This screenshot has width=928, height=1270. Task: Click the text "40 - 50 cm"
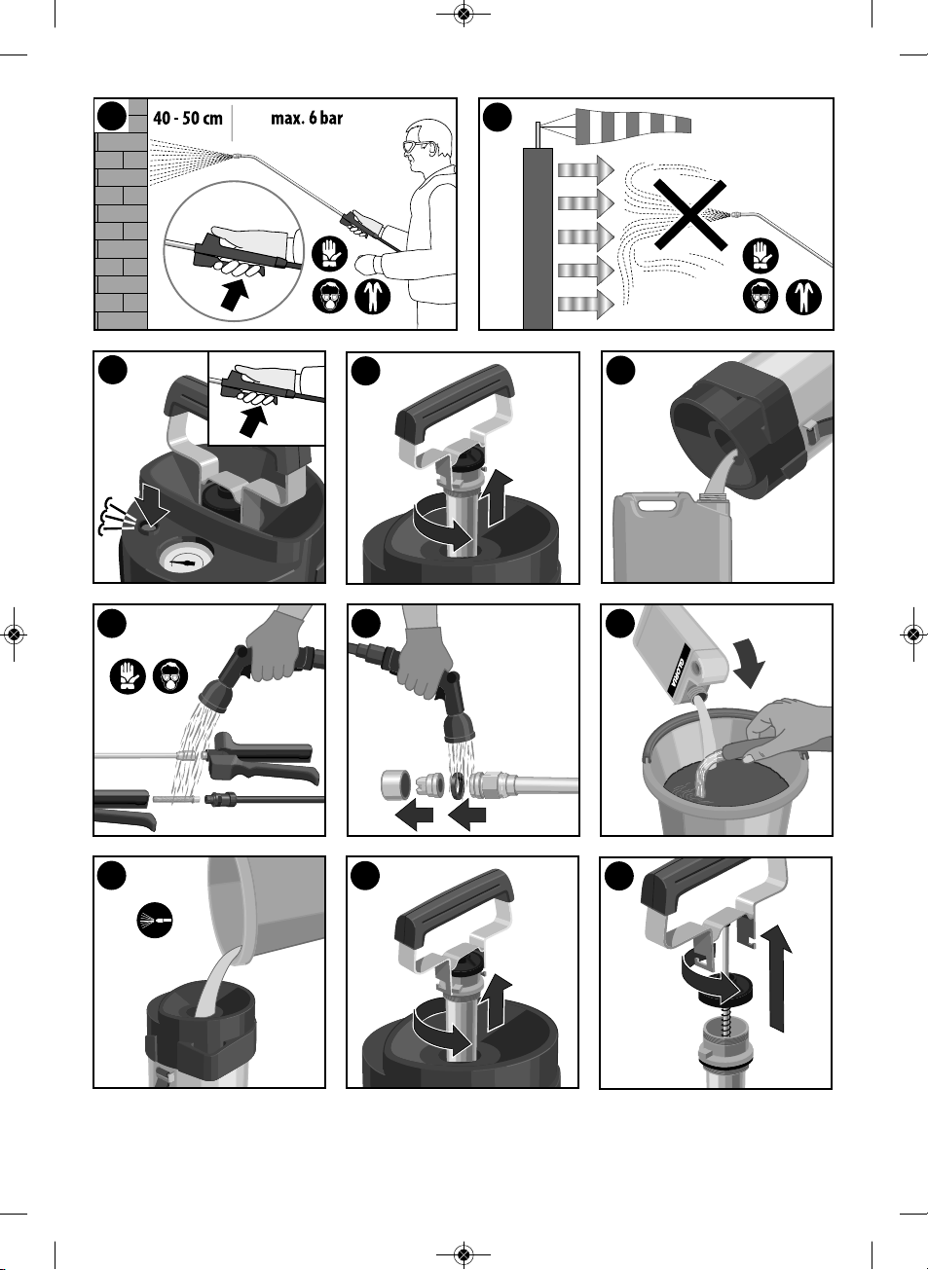pyautogui.click(x=188, y=119)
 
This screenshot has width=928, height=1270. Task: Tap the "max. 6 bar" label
pyautogui.click(x=307, y=118)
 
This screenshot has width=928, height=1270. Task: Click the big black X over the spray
pyautogui.click(x=690, y=215)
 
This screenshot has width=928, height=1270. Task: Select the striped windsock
pyautogui.click(x=633, y=125)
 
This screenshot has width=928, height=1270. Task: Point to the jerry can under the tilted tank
pyautogui.click(x=673, y=537)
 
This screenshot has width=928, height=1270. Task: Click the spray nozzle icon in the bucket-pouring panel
pyautogui.click(x=154, y=920)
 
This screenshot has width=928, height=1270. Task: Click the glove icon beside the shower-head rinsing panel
pyautogui.click(x=128, y=675)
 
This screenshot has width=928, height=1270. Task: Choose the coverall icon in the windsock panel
pyautogui.click(x=803, y=297)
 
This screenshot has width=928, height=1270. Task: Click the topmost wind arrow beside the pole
pyautogui.click(x=586, y=169)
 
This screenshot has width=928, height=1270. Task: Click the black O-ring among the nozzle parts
pyautogui.click(x=458, y=785)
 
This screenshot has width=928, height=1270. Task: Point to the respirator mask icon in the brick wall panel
pyautogui.click(x=329, y=297)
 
